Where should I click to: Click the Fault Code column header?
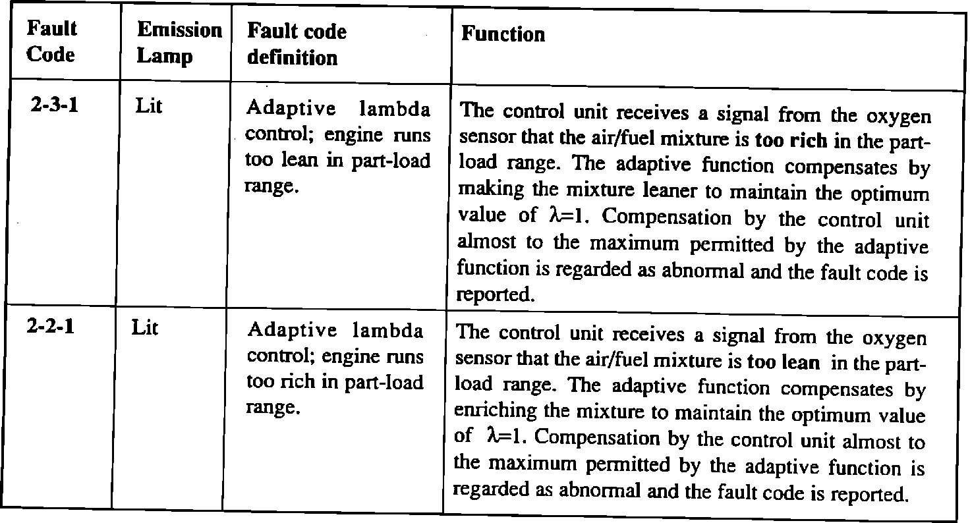pos(51,41)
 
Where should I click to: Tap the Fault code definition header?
pos(297,44)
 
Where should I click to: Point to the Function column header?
pos(503,34)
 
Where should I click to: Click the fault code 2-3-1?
pos(55,105)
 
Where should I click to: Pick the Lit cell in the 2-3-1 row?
pos(148,106)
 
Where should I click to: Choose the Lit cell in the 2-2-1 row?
pos(144,327)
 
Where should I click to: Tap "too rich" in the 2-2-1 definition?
pos(277,382)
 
